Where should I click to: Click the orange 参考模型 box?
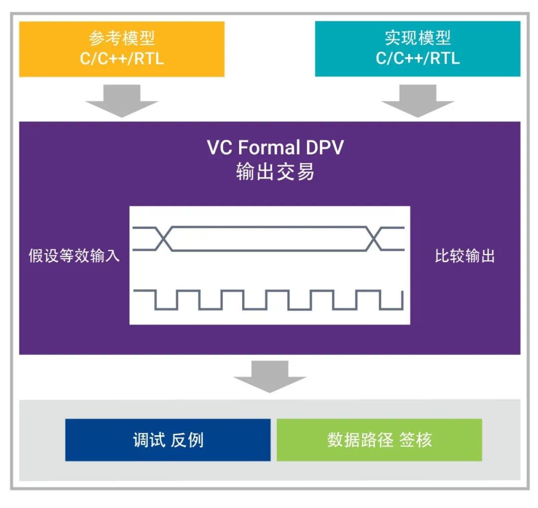click(x=122, y=49)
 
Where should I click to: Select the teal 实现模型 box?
click(x=417, y=49)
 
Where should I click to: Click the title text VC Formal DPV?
click(x=275, y=148)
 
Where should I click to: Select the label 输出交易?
click(x=275, y=172)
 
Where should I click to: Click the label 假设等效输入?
click(x=74, y=257)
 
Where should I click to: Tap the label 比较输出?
click(x=464, y=257)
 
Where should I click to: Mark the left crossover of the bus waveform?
click(x=164, y=238)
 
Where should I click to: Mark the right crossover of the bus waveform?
click(x=374, y=238)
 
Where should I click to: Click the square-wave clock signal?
click(x=269, y=299)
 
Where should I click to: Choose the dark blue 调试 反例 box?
click(x=168, y=440)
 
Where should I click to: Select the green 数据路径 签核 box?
click(x=379, y=440)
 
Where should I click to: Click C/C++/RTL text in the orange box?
click(x=122, y=59)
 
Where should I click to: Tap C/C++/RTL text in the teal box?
click(x=417, y=59)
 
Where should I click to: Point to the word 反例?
click(x=187, y=440)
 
